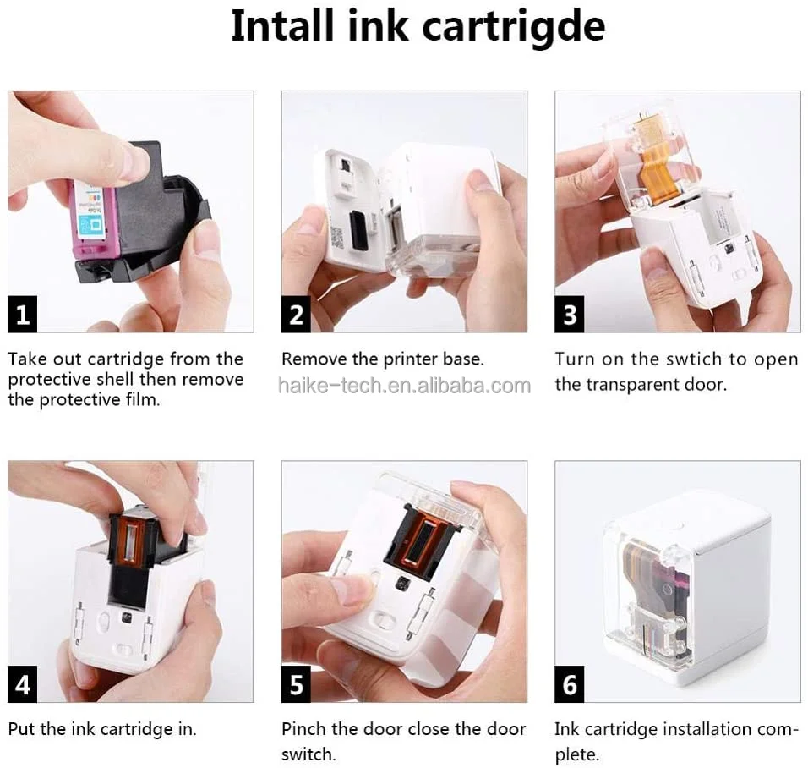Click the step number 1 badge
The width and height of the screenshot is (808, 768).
[23, 315]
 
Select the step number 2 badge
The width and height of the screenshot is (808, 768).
[297, 315]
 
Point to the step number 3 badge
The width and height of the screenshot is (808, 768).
[571, 315]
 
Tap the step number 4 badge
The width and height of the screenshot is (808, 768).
[23, 684]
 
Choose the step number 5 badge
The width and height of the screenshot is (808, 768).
[297, 684]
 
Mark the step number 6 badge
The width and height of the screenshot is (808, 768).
[571, 684]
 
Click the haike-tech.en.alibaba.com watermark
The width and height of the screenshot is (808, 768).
[404, 386]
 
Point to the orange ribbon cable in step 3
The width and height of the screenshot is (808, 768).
[657, 166]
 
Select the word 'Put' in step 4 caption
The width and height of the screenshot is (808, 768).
[23, 729]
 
